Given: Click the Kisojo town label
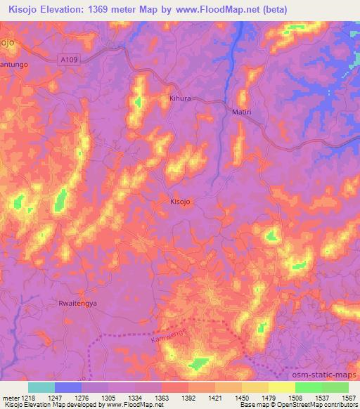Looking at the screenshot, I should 181,202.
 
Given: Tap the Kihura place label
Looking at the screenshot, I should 181,99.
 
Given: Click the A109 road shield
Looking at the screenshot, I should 67,60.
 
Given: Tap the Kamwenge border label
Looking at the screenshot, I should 166,340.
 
